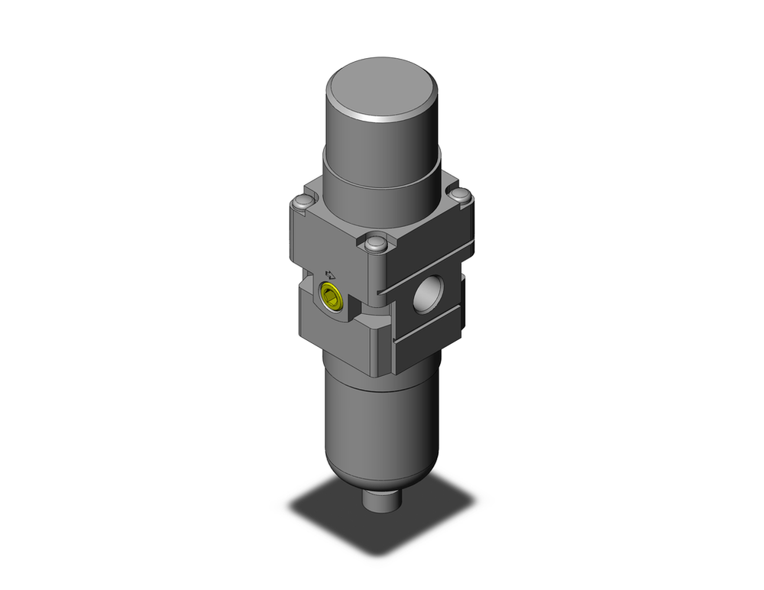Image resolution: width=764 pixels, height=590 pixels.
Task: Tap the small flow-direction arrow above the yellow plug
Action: coord(331,273)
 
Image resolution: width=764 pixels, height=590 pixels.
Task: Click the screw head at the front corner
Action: coord(374,245)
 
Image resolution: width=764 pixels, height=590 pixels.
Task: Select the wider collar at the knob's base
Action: coord(382,187)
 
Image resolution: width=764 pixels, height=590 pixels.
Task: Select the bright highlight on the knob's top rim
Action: coord(390,118)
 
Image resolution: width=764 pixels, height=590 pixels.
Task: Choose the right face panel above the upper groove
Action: coord(428,241)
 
